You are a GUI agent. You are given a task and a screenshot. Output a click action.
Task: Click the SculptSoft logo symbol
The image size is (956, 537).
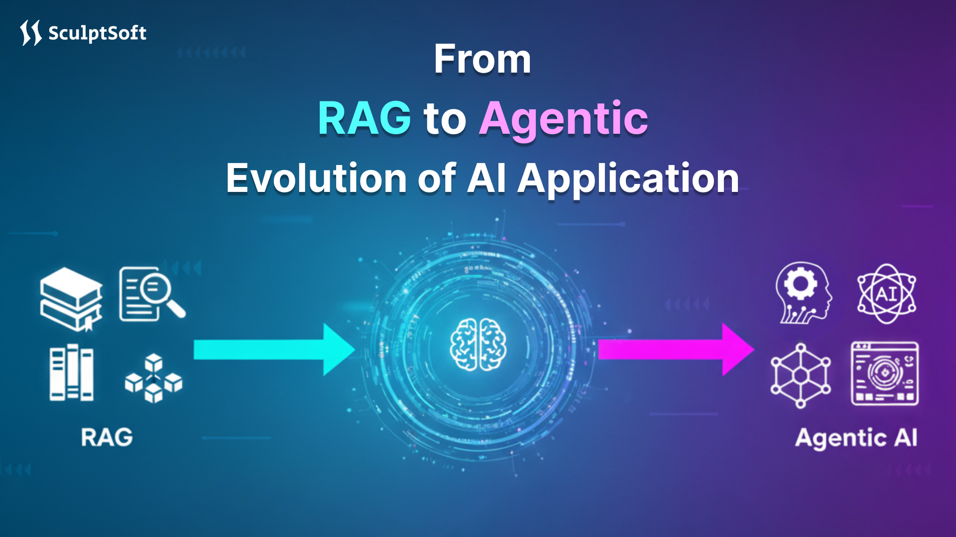(30, 33)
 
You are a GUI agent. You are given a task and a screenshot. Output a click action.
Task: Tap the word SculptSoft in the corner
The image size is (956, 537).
(97, 33)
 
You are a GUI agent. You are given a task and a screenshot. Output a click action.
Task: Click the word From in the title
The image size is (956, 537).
(482, 59)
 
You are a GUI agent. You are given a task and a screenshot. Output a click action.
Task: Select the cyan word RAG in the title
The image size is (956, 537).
(364, 118)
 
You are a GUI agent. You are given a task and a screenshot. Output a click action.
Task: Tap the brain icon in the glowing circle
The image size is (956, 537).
(478, 345)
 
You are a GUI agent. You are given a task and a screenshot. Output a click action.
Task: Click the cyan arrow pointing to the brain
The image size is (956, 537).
(274, 350)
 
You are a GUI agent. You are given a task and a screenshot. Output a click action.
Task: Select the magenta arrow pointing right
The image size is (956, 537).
(676, 350)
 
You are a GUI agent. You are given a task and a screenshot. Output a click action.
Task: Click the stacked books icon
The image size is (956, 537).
(71, 299)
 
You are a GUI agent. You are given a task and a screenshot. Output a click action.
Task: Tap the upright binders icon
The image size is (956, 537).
(71, 373)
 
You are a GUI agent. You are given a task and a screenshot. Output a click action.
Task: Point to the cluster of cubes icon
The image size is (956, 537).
(153, 378)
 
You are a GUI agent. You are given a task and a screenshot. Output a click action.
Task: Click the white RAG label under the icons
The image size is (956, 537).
(107, 438)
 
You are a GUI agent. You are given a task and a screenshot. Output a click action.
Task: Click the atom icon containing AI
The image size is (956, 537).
(886, 293)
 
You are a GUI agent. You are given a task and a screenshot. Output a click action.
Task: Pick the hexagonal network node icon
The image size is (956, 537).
(800, 375)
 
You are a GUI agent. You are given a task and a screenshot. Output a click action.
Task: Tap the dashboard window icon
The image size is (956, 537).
(885, 373)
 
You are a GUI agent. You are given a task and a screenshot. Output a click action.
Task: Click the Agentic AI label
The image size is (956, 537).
(856, 438)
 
